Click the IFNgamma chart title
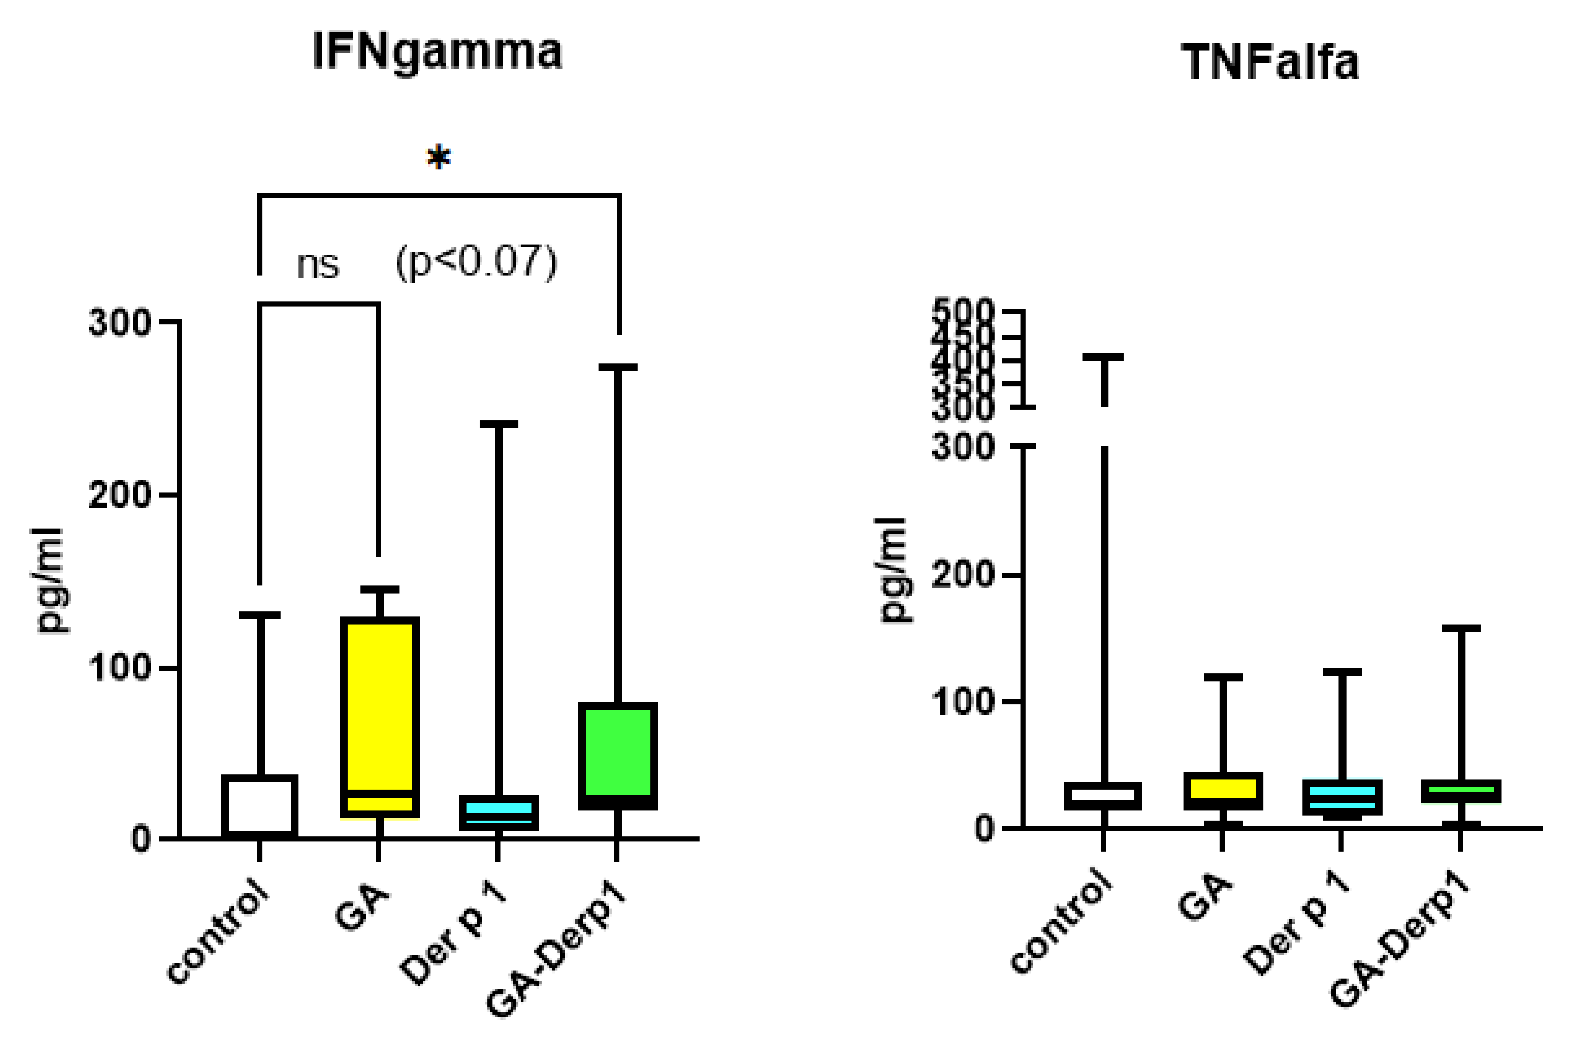[437, 52]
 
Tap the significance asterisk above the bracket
[438, 158]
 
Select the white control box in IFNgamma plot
[259, 805]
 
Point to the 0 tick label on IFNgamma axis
[141, 839]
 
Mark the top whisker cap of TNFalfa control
[1102, 357]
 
